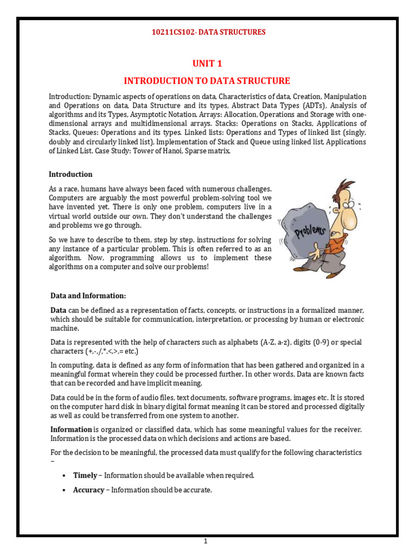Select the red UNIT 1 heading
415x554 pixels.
207,64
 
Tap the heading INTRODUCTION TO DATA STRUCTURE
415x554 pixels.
207,81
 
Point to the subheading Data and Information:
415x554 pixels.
88,296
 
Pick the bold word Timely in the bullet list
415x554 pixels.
85,475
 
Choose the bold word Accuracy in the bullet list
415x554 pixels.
89,490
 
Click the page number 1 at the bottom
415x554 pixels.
205,541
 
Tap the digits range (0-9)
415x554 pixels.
329,342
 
